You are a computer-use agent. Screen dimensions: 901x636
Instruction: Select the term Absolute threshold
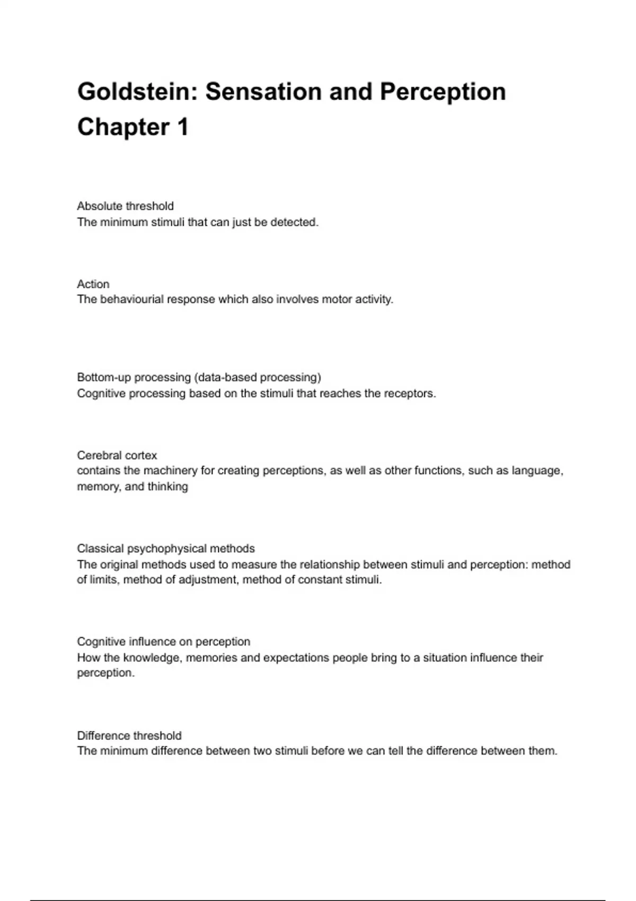[125, 206]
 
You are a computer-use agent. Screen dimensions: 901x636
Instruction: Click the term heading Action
[93, 284]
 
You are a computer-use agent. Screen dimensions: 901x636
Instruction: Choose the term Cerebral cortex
[117, 455]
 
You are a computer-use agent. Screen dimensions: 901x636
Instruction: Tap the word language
[537, 471]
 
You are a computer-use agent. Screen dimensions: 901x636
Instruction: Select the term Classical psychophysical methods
[166, 549]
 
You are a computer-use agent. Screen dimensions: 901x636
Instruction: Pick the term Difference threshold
[129, 736]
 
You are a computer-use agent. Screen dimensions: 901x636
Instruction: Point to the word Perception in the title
[443, 92]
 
